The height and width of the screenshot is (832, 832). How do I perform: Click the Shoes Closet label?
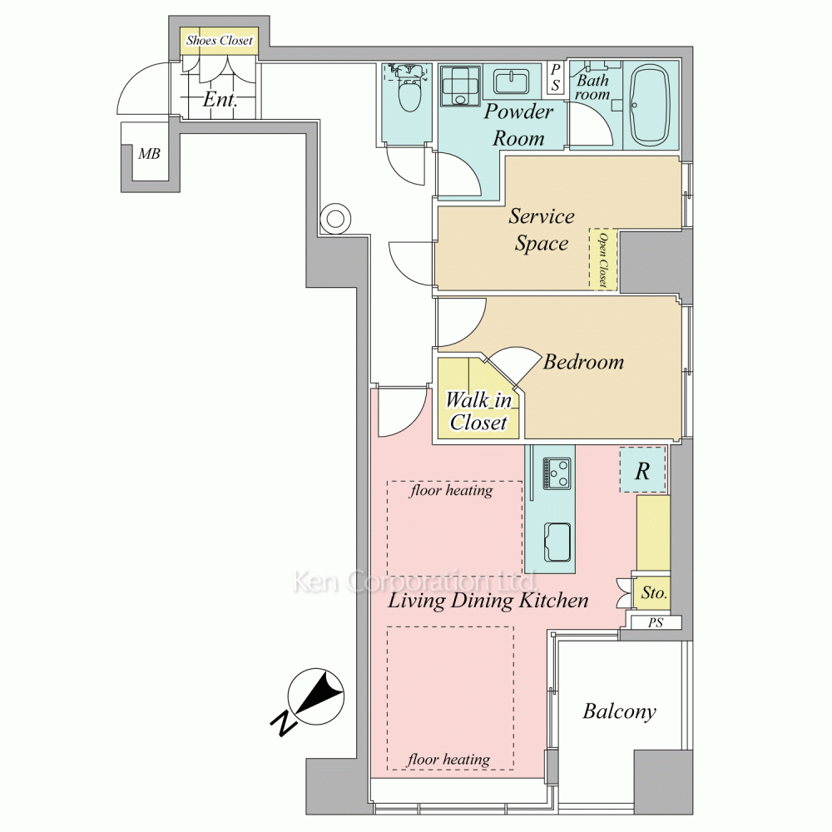point(219,40)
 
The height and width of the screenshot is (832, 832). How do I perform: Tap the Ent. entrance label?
point(220,99)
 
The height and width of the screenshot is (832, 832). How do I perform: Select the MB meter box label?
point(149,154)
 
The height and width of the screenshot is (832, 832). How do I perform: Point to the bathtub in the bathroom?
point(651,106)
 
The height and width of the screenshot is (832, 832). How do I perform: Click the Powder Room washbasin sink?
point(509,82)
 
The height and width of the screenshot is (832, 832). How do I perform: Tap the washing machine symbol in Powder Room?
point(460,86)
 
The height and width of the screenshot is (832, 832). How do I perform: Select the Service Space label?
point(542,230)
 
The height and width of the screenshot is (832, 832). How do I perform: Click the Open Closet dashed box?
point(603,260)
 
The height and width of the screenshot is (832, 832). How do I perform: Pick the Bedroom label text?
point(584,362)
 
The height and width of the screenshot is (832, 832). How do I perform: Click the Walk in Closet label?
point(478,411)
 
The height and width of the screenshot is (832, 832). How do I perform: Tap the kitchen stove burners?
point(556,473)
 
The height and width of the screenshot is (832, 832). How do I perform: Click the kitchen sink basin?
point(557,542)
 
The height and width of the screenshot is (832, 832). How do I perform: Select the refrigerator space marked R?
point(642,470)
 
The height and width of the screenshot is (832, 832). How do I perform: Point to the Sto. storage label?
point(654,592)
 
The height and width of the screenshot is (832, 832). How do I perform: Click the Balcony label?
point(619,711)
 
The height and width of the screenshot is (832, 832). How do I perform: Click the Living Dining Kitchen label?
point(488,601)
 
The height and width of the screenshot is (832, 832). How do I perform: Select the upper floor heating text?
point(451,490)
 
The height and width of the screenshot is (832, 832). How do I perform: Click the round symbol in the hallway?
point(335,219)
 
